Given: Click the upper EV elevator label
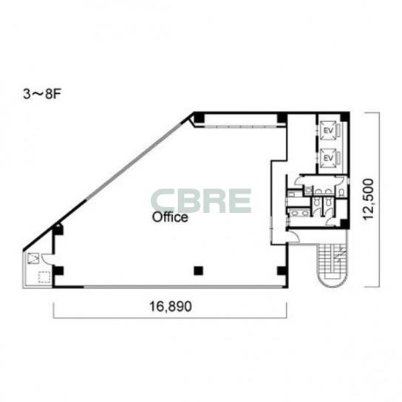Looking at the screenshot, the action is [328, 131].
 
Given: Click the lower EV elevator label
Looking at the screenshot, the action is [328, 158].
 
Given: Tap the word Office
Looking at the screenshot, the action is [170, 217].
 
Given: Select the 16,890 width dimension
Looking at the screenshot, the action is [170, 307].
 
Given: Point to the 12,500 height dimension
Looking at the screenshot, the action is [368, 200].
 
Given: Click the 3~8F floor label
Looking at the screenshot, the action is [41, 95].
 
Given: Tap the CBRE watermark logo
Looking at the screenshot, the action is [200, 201].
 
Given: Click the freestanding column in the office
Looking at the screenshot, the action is [199, 270].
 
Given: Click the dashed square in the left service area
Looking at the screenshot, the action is [44, 277].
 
